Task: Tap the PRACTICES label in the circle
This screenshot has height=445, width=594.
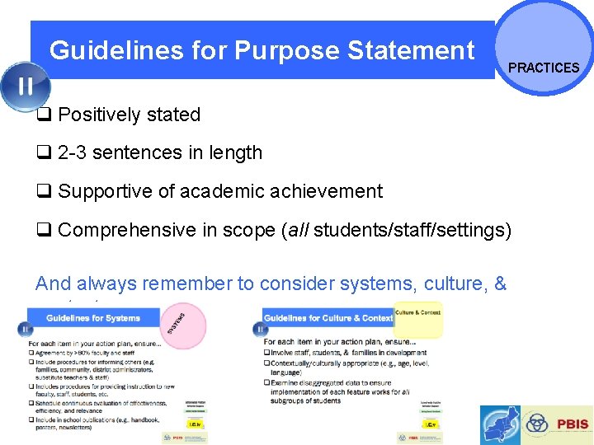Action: pyautogui.click(x=544, y=68)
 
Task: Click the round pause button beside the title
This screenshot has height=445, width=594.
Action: pyautogui.click(x=26, y=87)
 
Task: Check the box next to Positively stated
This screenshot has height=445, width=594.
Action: pyautogui.click(x=44, y=115)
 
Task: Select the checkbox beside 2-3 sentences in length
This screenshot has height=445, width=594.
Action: pyautogui.click(x=44, y=152)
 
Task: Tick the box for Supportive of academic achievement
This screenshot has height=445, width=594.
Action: pyautogui.click(x=44, y=191)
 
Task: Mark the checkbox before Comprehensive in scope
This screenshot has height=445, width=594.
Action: pyautogui.click(x=44, y=229)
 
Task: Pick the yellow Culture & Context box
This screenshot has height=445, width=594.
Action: pyautogui.click(x=417, y=317)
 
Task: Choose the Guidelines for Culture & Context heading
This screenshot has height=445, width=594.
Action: pyautogui.click(x=328, y=318)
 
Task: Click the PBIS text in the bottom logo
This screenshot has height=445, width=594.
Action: pyautogui.click(x=572, y=424)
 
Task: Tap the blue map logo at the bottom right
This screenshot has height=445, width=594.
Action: pyautogui.click(x=501, y=425)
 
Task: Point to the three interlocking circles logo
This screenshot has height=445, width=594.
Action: pyautogui.click(x=537, y=424)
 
